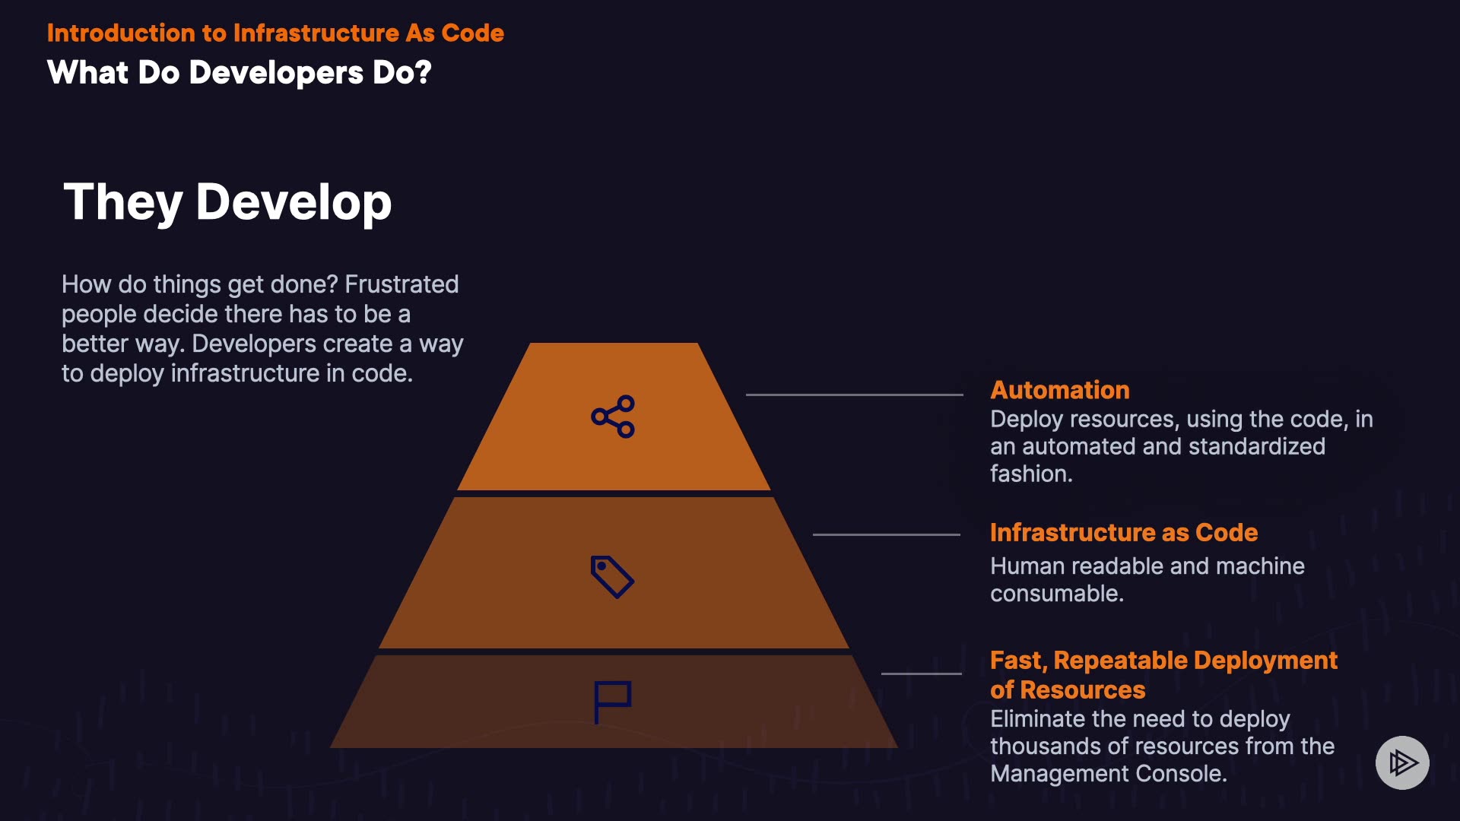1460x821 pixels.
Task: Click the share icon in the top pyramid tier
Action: pyautogui.click(x=613, y=417)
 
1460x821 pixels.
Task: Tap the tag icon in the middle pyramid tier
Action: pyautogui.click(x=612, y=576)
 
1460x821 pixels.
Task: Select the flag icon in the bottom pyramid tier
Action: pyautogui.click(x=612, y=702)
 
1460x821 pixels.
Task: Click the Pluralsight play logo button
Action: pyautogui.click(x=1402, y=762)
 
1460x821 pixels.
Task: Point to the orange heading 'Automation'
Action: pyautogui.click(x=1059, y=390)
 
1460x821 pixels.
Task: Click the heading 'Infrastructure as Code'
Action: pyautogui.click(x=1123, y=533)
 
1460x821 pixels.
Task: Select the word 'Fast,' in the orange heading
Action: pyautogui.click(x=1019, y=661)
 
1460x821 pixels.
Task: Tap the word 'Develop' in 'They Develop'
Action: pyautogui.click(x=294, y=203)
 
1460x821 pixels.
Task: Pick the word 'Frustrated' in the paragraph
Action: pyautogui.click(x=401, y=284)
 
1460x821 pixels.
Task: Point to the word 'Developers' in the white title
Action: pyautogui.click(x=276, y=73)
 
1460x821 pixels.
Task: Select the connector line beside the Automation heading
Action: pyautogui.click(x=854, y=395)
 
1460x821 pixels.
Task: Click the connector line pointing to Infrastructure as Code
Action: pyautogui.click(x=887, y=534)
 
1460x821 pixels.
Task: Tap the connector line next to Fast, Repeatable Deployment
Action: pyautogui.click(x=921, y=674)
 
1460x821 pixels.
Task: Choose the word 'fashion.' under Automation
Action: pyautogui.click(x=1031, y=474)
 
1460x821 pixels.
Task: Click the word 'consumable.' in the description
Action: pyautogui.click(x=1056, y=594)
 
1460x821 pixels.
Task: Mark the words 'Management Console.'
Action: pyautogui.click(x=1108, y=774)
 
